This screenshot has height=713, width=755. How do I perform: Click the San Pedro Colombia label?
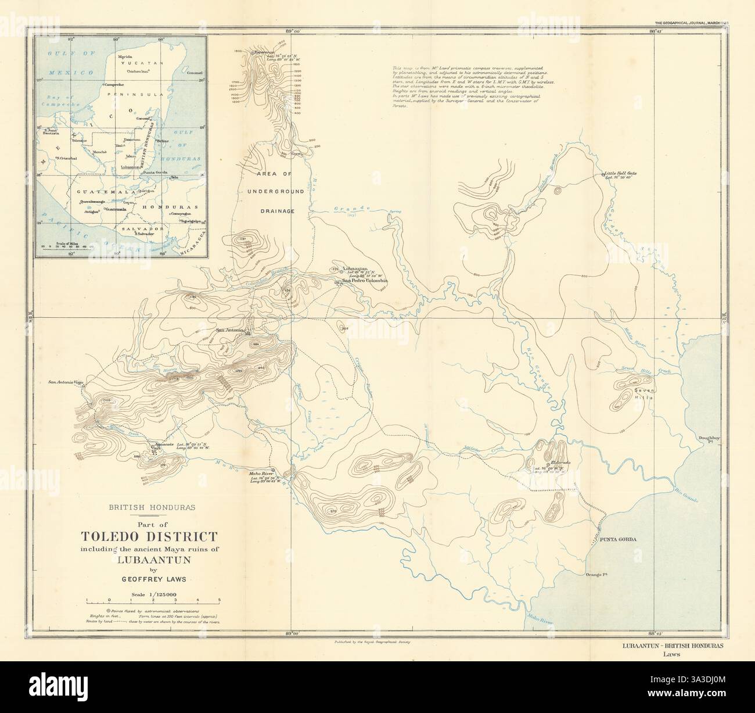365,281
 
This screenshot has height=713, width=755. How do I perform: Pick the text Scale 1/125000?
152,594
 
